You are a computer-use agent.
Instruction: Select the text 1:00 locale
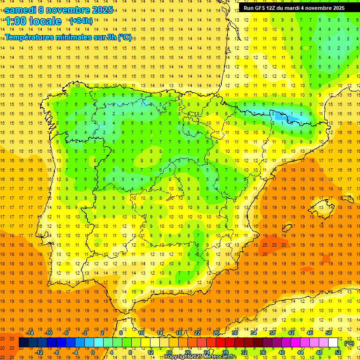pos(33,21)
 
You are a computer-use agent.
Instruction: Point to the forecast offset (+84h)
pos(81,21)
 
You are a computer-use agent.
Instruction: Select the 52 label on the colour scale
pos(338,352)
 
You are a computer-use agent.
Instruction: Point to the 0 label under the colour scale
pos(93,352)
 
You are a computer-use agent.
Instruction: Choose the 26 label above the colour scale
pos(216,333)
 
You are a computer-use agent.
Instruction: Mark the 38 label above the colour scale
pos(272,333)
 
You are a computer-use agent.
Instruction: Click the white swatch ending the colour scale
pos(333,343)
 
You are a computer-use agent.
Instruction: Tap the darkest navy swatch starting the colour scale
pos(23,343)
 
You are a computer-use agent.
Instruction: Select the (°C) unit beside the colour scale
pos(349,343)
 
